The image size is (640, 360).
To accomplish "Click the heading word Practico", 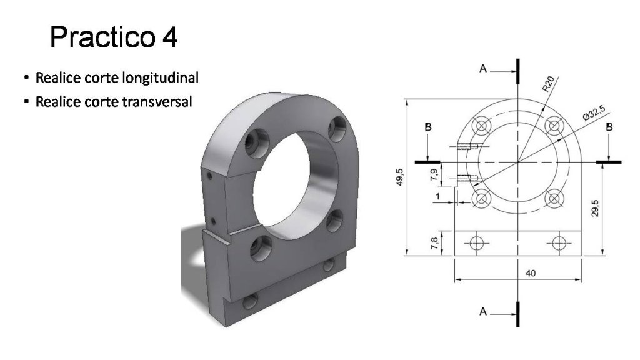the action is pyautogui.click(x=102, y=37).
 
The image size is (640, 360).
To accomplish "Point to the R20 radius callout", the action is pyautogui.click(x=549, y=84).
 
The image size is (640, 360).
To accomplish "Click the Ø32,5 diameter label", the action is pyautogui.click(x=594, y=112).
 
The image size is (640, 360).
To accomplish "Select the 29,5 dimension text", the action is pyautogui.click(x=595, y=208).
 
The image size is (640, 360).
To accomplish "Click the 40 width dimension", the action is pyautogui.click(x=530, y=273).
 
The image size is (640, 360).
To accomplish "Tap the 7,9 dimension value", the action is pyautogui.click(x=435, y=175).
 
